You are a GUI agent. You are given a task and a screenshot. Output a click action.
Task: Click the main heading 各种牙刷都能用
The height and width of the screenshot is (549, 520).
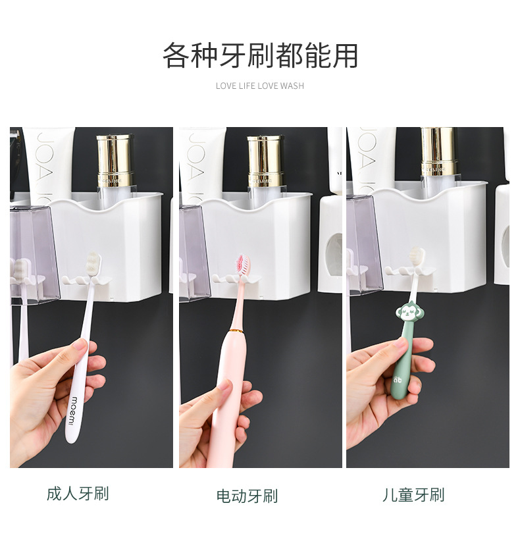(x=260, y=56)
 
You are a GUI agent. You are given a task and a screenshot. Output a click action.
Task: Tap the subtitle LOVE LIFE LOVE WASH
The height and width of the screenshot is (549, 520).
(x=260, y=86)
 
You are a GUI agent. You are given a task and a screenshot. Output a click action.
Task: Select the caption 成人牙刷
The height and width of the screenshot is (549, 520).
(x=78, y=493)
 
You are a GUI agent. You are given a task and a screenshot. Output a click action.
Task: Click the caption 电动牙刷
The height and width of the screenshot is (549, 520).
(x=247, y=496)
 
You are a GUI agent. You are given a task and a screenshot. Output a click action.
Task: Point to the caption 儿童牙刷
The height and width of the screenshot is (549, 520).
(x=413, y=494)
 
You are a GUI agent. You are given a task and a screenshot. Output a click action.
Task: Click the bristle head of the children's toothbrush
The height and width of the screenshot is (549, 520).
(x=416, y=257)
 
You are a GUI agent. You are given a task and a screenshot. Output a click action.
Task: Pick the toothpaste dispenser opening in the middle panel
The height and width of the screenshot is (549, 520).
(x=333, y=253)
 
